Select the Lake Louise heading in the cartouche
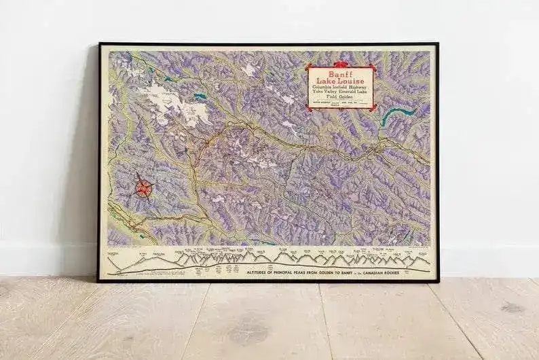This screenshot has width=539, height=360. [x=340, y=81]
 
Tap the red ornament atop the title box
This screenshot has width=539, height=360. [x=340, y=65]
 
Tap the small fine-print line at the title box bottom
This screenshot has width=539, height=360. [x=339, y=105]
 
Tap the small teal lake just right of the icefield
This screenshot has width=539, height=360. [x=200, y=96]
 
